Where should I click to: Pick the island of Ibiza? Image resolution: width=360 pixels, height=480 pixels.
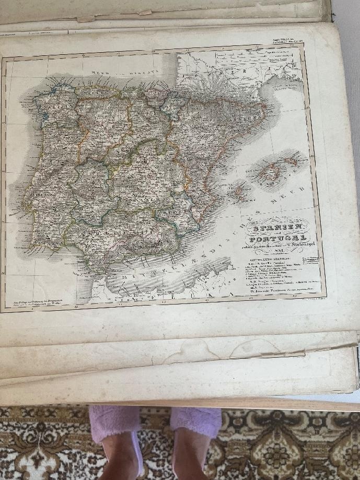click(238, 192)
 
